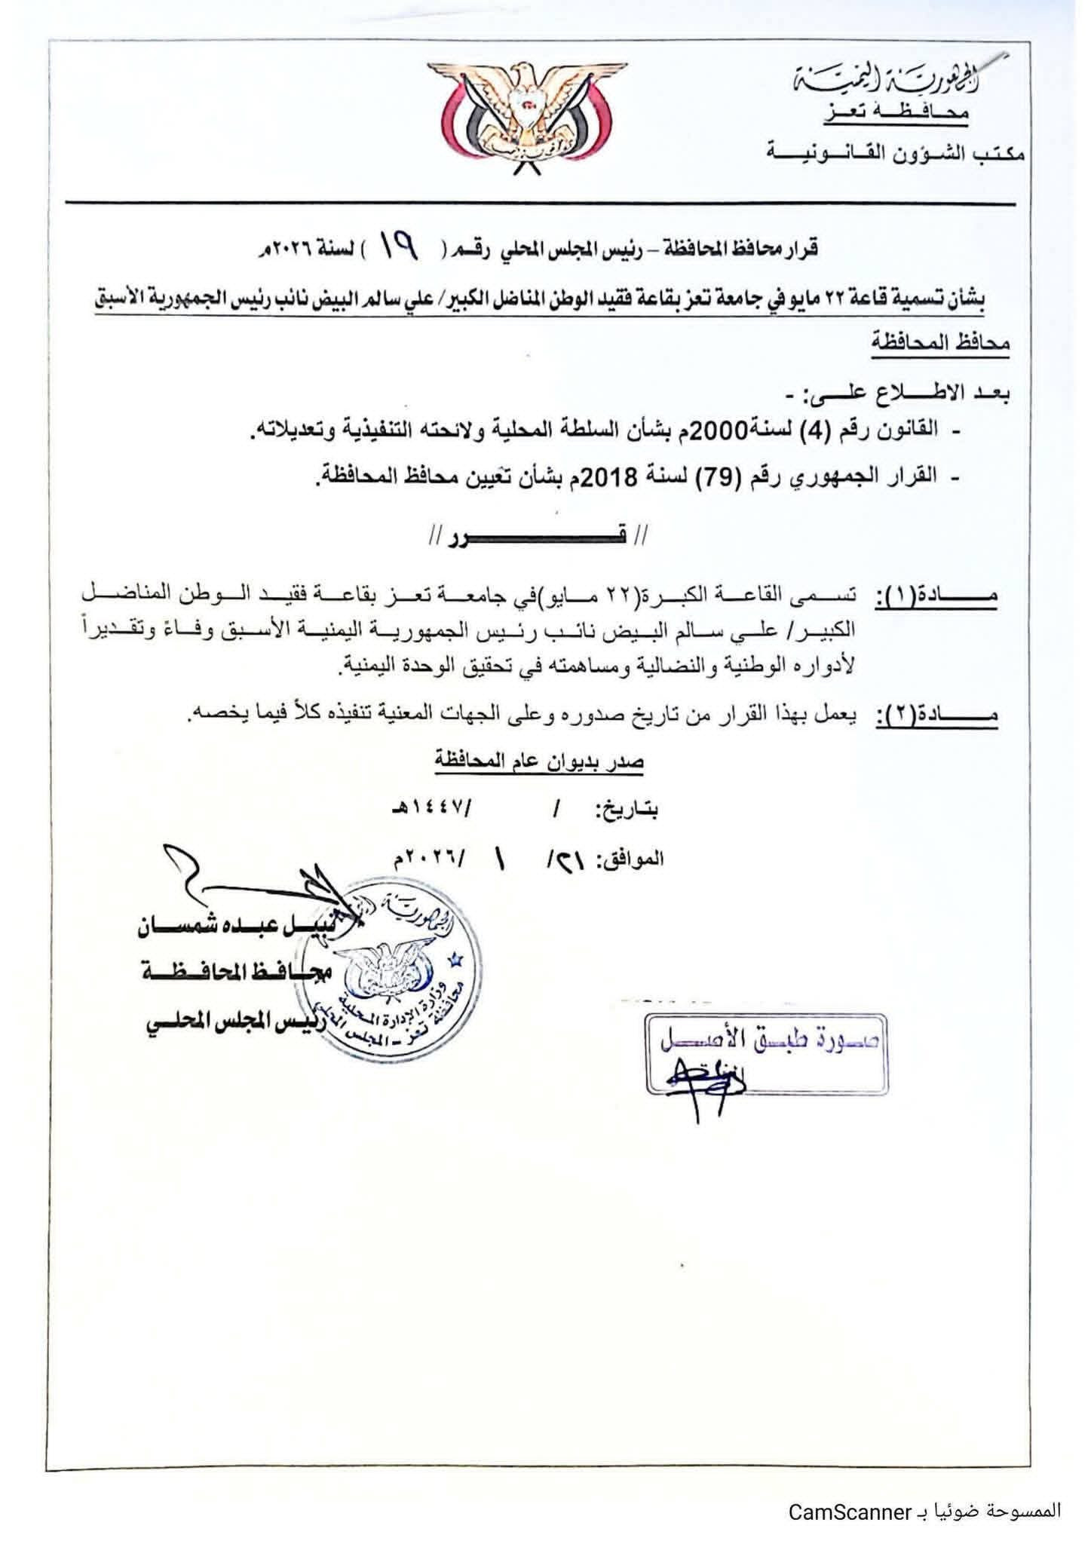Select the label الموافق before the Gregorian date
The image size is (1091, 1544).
[x=633, y=859]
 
